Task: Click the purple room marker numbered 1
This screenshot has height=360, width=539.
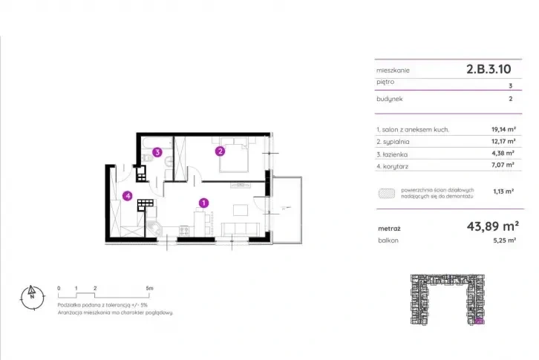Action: pos(204,203)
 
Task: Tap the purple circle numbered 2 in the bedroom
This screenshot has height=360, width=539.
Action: pos(220,151)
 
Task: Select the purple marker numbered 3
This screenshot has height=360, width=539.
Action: pos(157,152)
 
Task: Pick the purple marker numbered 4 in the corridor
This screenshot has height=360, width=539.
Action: pos(128,196)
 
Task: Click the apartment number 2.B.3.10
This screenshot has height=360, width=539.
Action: pos(489,69)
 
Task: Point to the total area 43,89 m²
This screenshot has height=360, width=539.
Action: pos(492,226)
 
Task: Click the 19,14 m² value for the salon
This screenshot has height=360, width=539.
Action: pos(503,130)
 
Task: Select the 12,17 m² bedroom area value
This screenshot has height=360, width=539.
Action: pos(503,141)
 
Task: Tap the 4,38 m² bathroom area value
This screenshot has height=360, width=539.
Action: pos(503,154)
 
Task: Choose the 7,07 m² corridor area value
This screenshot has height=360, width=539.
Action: pos(503,165)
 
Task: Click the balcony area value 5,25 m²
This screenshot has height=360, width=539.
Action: pos(505,240)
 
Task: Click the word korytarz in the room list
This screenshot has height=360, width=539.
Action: pos(395,166)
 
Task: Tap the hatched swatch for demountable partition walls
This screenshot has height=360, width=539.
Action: pos(387,193)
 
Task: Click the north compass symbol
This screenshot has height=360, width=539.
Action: pos(33,298)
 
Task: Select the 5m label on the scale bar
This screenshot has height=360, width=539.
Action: pos(149,288)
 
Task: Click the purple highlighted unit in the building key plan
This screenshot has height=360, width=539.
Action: pos(479,322)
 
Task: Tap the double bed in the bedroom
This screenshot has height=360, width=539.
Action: pos(234,154)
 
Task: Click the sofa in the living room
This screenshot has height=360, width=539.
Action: pos(240,229)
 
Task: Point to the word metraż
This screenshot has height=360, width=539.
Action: pos(389,229)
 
